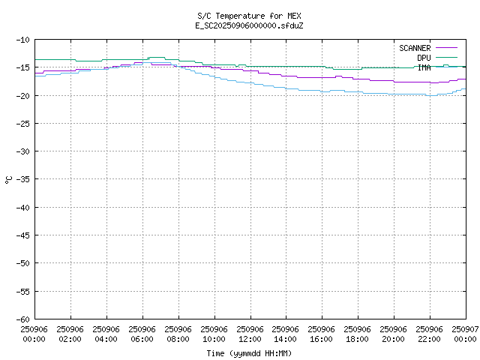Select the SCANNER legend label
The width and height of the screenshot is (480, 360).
[415, 48]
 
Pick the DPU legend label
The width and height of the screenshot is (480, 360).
[424, 58]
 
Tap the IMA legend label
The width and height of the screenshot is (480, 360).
[424, 67]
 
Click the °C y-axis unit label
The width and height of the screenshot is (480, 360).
[8, 179]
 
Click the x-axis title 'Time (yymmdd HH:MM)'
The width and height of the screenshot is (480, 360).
[250, 353]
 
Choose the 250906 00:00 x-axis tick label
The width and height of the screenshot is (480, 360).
[34, 334]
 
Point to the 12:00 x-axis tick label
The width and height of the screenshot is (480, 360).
[250, 334]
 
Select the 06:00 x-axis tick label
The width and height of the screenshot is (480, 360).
[142, 334]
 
